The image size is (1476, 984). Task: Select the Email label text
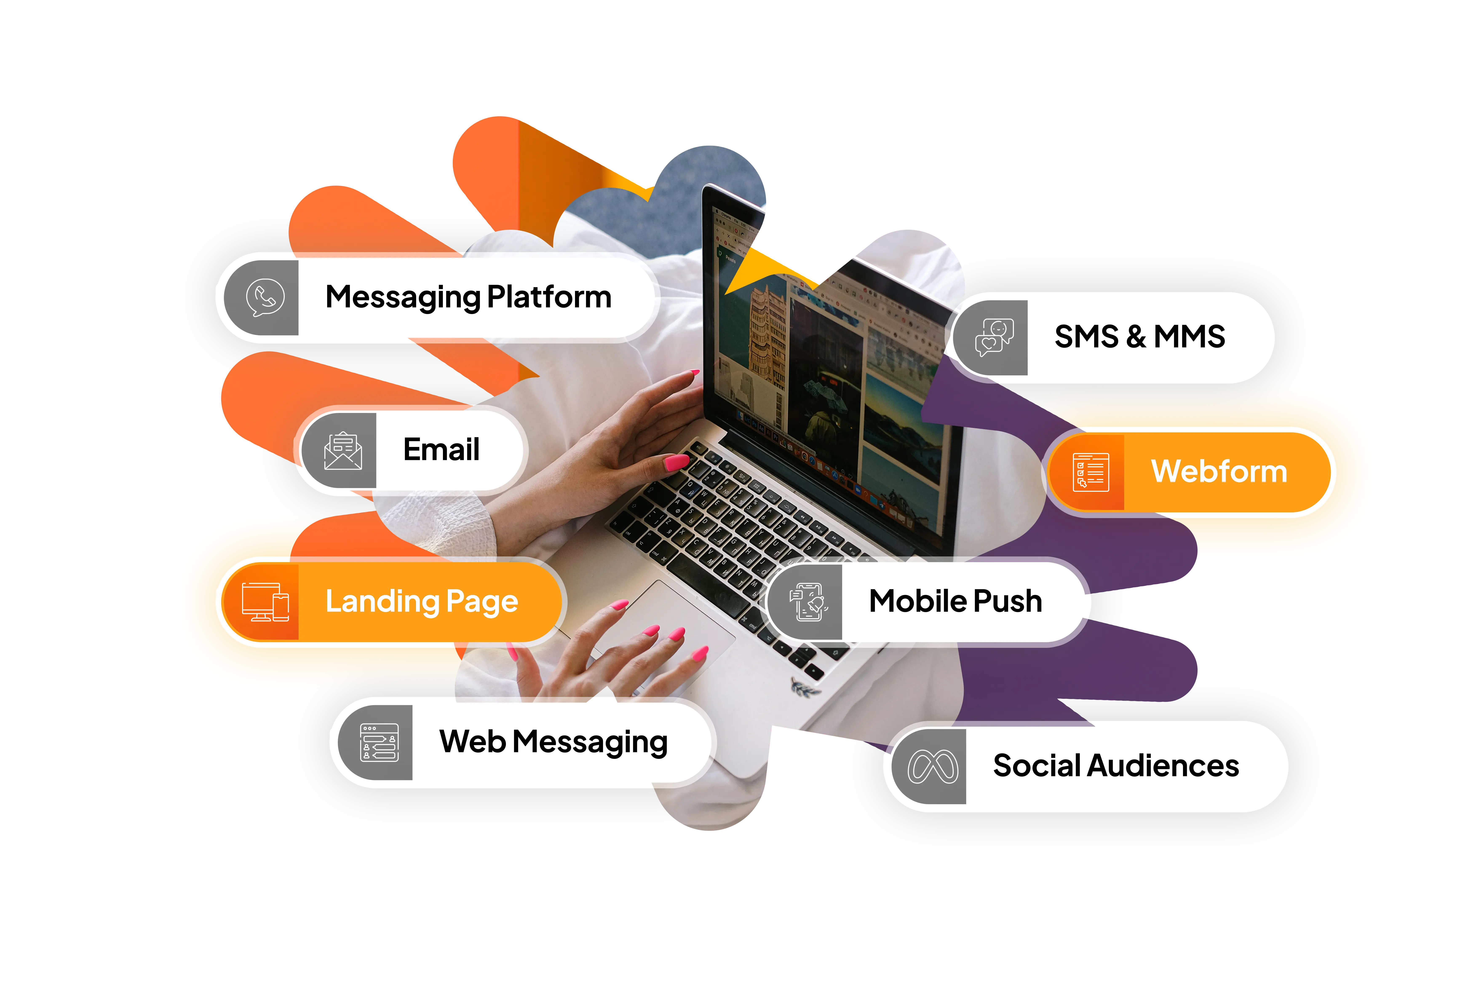coord(441,449)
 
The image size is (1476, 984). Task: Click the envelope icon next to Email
coord(343,451)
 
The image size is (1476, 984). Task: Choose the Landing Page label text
coord(422,601)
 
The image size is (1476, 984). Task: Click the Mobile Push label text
coord(955,601)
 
